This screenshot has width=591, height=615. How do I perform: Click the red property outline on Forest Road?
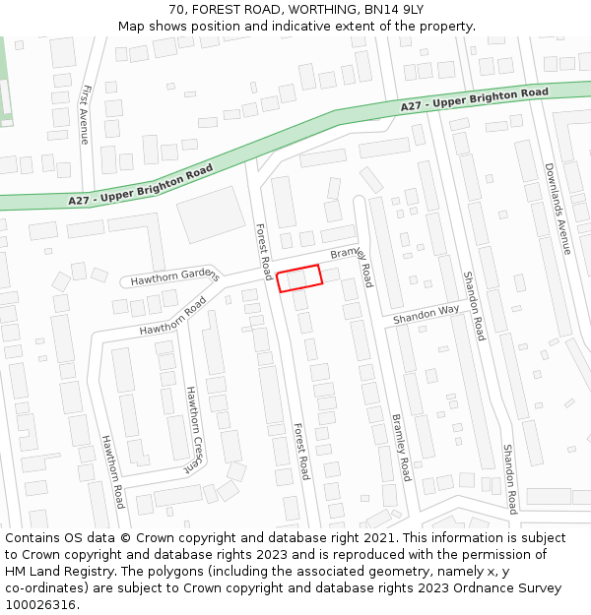pos(300,278)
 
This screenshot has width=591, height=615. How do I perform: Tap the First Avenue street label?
pos(85,114)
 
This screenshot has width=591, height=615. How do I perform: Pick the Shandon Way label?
pos(427,315)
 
